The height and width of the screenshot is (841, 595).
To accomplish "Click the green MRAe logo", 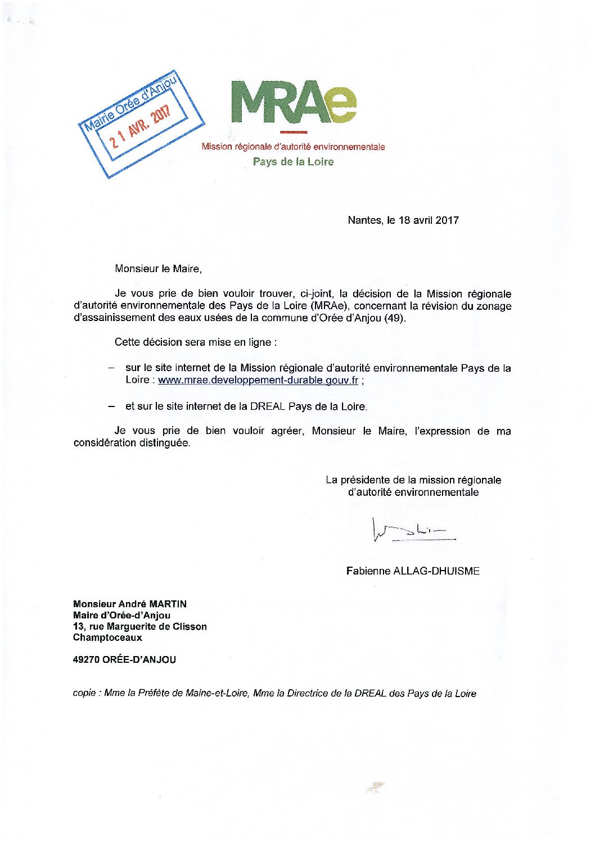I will [294, 102].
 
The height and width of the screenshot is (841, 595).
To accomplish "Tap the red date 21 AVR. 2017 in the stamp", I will [140, 126].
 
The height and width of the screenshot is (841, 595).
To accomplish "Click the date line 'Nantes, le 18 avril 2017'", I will [403, 220].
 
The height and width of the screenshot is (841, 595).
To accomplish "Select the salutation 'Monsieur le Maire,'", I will [158, 269].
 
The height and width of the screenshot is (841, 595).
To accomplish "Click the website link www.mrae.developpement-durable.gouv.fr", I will [258, 380].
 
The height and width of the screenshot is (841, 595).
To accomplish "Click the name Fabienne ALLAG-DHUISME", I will [413, 571].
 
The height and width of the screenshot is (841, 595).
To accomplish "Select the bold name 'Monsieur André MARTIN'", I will [130, 604].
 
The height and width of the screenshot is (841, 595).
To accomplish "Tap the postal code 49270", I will [86, 660].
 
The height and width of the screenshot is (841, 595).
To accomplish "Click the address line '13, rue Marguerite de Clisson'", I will [140, 627].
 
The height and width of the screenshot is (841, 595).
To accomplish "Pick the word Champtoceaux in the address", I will [107, 638].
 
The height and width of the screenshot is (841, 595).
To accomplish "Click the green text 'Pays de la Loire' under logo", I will [293, 162].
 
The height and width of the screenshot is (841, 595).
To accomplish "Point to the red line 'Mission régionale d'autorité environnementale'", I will [293, 147].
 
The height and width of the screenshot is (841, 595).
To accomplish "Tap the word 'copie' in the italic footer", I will [84, 693].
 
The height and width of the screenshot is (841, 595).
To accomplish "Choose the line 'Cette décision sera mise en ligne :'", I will [195, 342].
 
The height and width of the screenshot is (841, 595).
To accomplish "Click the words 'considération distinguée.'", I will [132, 443].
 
